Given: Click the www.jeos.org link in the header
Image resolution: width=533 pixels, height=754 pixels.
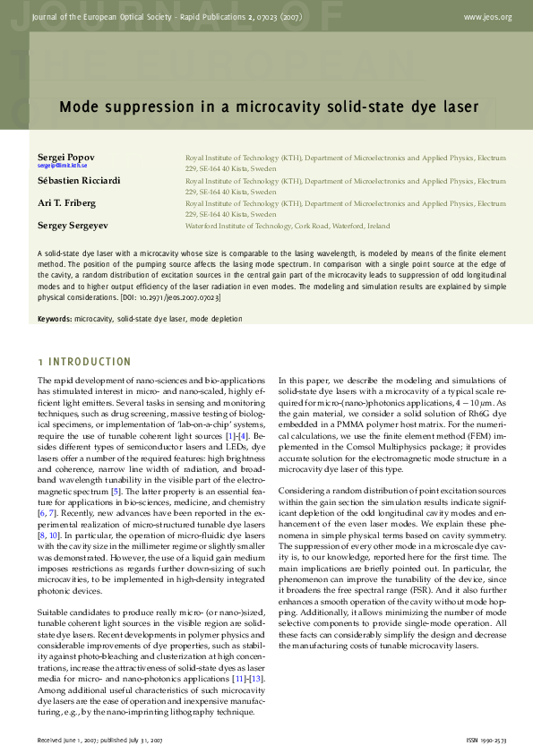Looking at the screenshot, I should pyautogui.click(x=488, y=17).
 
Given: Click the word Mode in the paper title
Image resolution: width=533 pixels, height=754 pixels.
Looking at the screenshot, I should pyautogui.click(x=78, y=107).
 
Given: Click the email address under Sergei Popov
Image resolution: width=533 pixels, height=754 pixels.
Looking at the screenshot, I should pyautogui.click(x=62, y=166).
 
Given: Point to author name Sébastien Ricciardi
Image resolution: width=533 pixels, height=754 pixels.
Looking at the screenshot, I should pyautogui.click(x=78, y=180).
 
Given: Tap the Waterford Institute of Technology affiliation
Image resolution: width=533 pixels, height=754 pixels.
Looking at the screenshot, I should pyautogui.click(x=287, y=227).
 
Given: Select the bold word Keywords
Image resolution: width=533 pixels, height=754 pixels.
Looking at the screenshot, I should pyautogui.click(x=55, y=319).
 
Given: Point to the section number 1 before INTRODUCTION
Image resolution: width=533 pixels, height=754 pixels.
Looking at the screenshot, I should pyautogui.click(x=40, y=362).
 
